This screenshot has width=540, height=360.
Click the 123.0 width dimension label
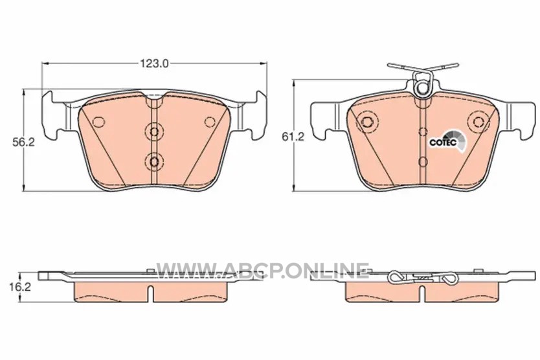[154, 63]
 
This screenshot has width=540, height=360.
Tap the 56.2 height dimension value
[24, 142]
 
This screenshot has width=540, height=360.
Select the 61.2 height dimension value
[293, 137]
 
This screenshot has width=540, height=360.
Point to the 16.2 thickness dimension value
[20, 287]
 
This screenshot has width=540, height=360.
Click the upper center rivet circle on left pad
[154, 131]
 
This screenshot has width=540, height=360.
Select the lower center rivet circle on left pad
[154, 161]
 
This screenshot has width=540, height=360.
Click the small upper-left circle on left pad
[99, 122]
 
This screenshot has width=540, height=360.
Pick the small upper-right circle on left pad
[209, 122]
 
